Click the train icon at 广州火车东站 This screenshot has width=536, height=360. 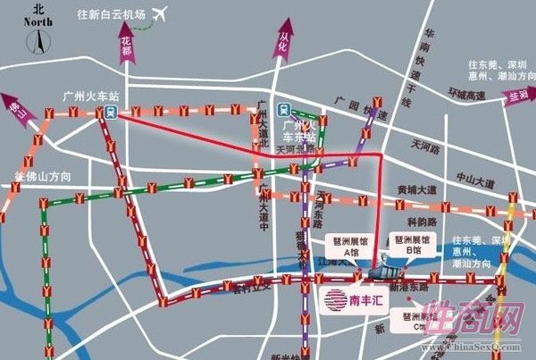pyautogui.click(x=283, y=111)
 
